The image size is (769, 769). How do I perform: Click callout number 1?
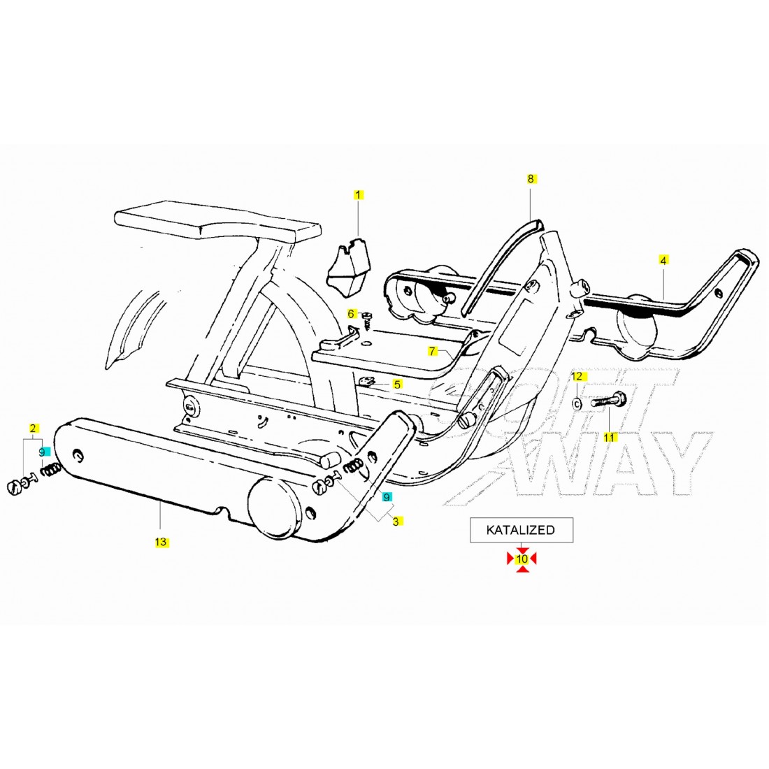(359, 194)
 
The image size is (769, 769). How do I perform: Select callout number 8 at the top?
(531, 179)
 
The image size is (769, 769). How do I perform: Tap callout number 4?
(663, 260)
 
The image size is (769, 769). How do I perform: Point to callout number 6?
(352, 314)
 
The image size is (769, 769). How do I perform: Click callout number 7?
(433, 351)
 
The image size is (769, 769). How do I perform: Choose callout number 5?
(397, 384)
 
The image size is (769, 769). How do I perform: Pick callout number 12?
(577, 377)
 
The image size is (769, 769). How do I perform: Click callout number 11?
(609, 437)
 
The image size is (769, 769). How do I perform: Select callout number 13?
(161, 542)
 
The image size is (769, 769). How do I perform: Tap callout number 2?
(31, 427)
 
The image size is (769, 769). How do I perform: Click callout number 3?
(396, 521)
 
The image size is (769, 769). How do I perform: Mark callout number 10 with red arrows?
(522, 559)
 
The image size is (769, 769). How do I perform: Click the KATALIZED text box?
(521, 530)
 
